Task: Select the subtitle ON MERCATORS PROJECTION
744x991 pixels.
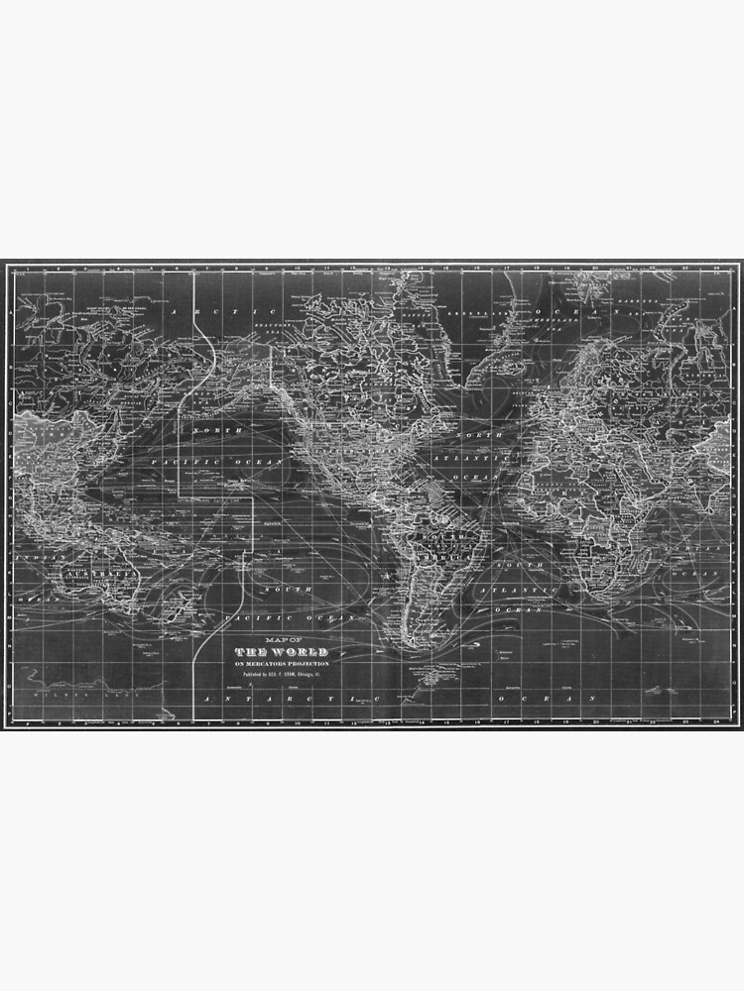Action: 283,662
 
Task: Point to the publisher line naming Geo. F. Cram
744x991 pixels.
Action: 283,674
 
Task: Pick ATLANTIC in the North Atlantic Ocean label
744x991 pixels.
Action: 482,459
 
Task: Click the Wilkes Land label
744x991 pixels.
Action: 55,694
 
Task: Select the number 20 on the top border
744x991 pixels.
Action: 593,268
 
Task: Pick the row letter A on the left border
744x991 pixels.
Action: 10,308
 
